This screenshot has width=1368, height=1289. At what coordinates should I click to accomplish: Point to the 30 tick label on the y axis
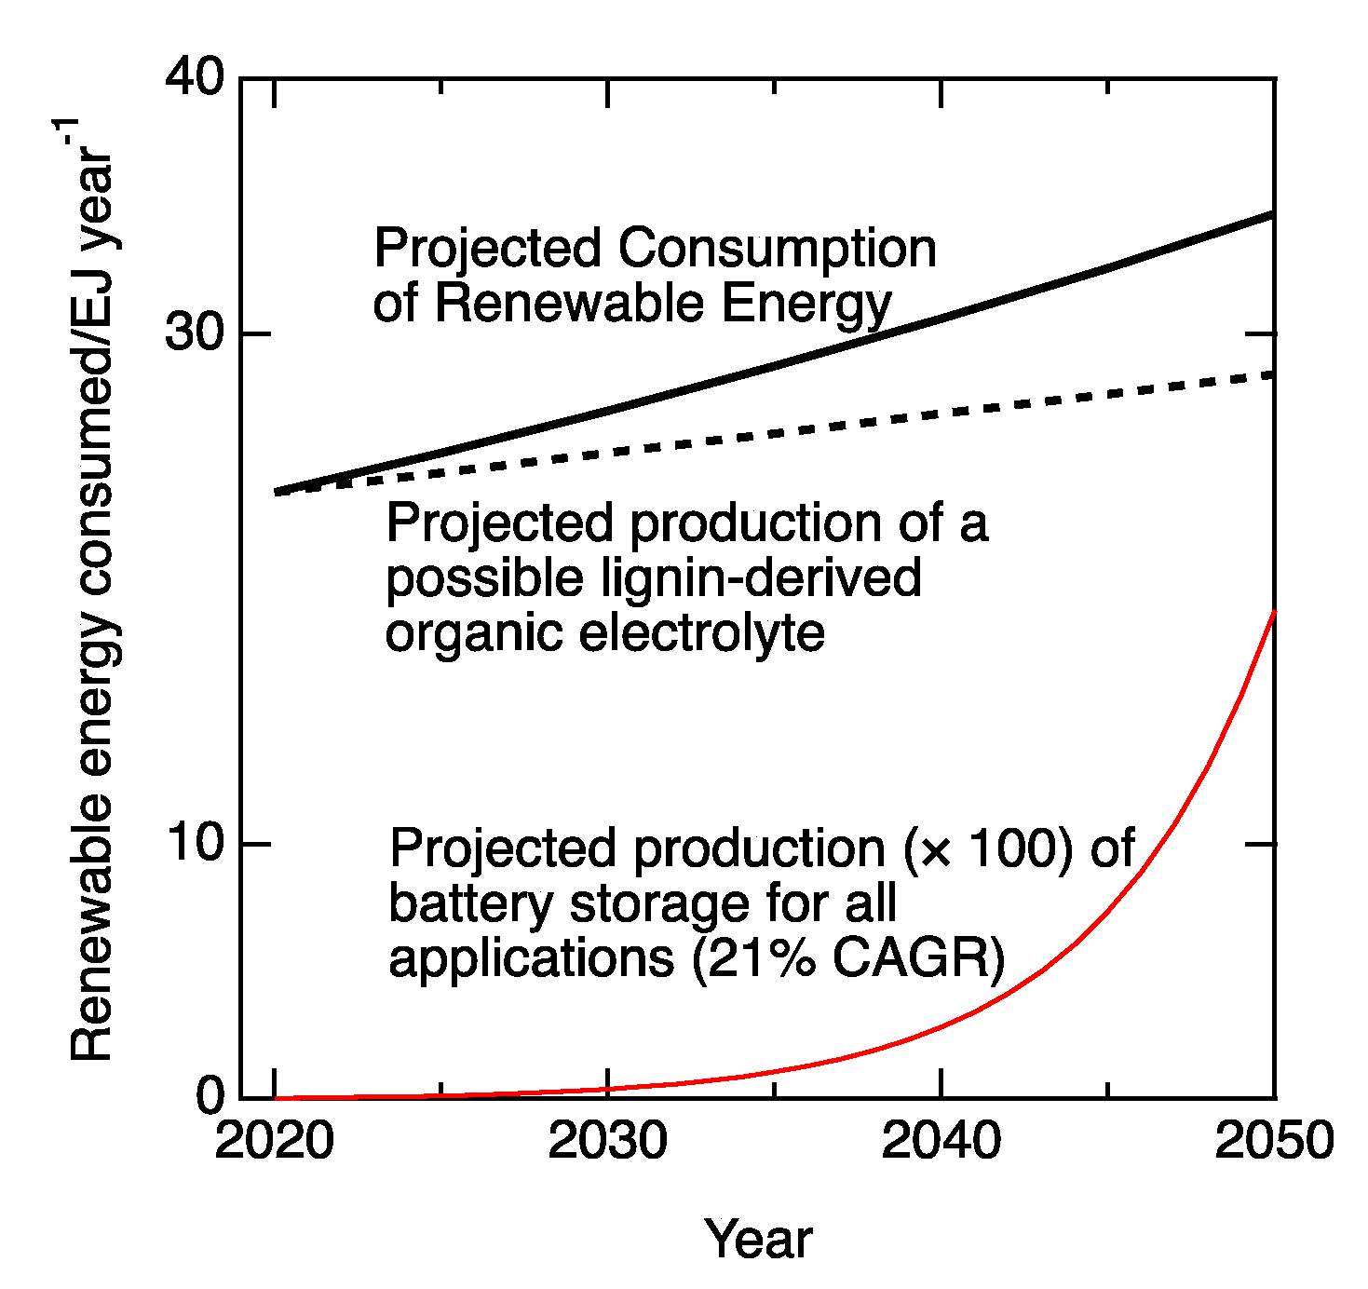point(195,332)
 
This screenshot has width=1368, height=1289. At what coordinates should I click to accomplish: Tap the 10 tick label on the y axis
point(195,843)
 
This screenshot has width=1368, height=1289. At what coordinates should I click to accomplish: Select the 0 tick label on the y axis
point(210,1097)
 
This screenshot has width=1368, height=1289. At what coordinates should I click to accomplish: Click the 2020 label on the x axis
point(274,1141)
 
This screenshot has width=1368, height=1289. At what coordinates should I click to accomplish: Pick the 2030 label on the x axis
point(607,1141)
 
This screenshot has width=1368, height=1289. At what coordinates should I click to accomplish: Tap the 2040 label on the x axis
point(941,1141)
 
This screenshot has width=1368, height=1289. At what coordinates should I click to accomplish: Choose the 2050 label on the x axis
point(1273,1141)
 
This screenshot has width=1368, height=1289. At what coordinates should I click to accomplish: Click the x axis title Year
point(758,1240)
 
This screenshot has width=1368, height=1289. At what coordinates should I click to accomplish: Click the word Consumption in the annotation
point(777,250)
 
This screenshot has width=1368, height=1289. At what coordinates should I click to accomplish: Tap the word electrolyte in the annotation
point(702,633)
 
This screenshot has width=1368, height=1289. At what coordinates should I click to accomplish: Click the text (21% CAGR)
point(848,958)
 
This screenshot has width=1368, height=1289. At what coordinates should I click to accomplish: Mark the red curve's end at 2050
point(1273,612)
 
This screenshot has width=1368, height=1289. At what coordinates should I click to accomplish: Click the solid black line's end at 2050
point(1272,215)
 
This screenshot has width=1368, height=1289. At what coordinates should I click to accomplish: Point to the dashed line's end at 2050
point(1270,374)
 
